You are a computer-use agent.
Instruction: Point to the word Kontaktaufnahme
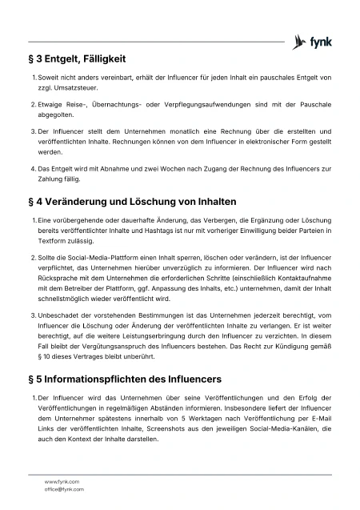tap(300, 283)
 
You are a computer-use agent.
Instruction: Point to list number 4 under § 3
tap(33, 170)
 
